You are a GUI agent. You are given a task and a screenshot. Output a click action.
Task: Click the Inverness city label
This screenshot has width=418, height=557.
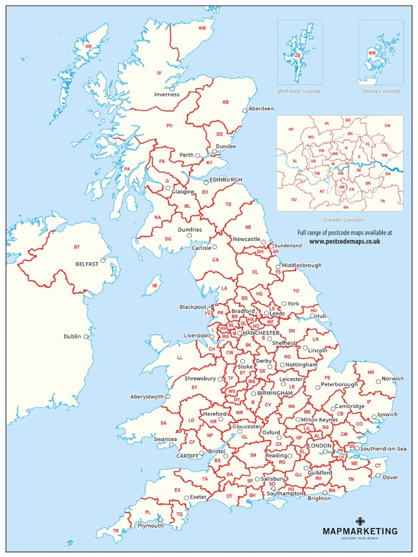[x=167, y=94]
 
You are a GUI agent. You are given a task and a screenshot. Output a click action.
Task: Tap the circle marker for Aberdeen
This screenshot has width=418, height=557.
[x=245, y=110]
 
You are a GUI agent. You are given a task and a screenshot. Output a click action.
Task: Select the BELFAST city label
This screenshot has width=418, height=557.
[x=87, y=264]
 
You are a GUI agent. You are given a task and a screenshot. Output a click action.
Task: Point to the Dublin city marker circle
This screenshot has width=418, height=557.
[x=86, y=337]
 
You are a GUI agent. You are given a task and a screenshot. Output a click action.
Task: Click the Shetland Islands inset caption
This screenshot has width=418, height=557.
[x=299, y=91]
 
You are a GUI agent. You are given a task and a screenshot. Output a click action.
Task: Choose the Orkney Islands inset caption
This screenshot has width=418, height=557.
[x=382, y=91]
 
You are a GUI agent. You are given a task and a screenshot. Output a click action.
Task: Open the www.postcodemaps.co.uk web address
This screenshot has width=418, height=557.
[x=345, y=241]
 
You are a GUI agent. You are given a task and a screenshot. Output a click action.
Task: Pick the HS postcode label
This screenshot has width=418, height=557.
[x=88, y=47]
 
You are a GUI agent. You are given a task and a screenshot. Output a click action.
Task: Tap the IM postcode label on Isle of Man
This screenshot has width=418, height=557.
[x=155, y=285]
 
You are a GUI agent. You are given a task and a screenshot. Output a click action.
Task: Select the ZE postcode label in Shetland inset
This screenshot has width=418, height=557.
[x=298, y=55]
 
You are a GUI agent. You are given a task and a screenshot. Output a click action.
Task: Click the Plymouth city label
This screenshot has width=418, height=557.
[x=150, y=526]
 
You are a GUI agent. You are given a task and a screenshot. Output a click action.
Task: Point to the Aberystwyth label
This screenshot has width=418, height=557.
[x=147, y=397]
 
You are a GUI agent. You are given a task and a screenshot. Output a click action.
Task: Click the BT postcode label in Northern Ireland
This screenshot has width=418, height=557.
[x=77, y=247]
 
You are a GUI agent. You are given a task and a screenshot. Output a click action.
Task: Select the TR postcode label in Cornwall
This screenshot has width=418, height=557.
[x=115, y=530]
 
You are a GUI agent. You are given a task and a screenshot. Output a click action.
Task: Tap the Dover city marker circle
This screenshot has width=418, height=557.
[x=378, y=475]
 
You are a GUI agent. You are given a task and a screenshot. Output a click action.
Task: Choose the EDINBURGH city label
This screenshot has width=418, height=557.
[x=226, y=180]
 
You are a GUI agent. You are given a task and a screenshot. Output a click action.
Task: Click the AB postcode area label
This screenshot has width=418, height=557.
[x=225, y=102]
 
